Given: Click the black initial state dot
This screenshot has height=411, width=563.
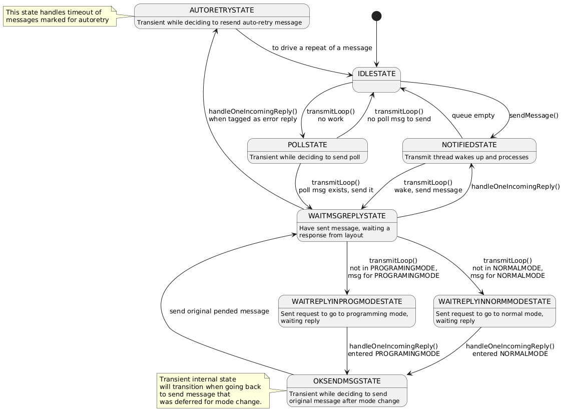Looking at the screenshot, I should click(376, 16).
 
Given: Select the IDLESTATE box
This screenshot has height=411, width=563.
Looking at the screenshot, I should click(376, 80).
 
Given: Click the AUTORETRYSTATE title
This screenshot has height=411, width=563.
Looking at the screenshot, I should click(222, 11).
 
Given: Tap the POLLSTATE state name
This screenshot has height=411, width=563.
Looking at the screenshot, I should click(307, 145).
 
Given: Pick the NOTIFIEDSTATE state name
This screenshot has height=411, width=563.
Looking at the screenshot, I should click(469, 145).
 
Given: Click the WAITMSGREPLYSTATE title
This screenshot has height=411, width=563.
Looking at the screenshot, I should click(347, 216).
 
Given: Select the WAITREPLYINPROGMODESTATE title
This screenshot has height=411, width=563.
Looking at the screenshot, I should click(347, 301).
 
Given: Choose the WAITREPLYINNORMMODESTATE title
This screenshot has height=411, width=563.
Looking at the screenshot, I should click(494, 301).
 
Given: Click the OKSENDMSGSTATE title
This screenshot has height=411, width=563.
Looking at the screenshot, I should click(347, 381).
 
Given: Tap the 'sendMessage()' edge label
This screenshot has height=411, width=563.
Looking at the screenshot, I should click(533, 116).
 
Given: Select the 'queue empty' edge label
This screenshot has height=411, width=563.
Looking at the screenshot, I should click(473, 116).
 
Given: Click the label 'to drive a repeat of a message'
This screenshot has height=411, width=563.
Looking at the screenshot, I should click(322, 48).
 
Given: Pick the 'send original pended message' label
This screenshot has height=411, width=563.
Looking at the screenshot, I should click(219, 311).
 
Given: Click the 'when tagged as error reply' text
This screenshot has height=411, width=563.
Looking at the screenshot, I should click(253, 119).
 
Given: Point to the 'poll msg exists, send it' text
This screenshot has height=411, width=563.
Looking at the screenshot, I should click(336, 190).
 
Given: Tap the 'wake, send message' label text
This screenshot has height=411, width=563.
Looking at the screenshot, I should click(428, 190).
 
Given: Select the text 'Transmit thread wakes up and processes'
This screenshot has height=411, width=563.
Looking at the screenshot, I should click(466, 157).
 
